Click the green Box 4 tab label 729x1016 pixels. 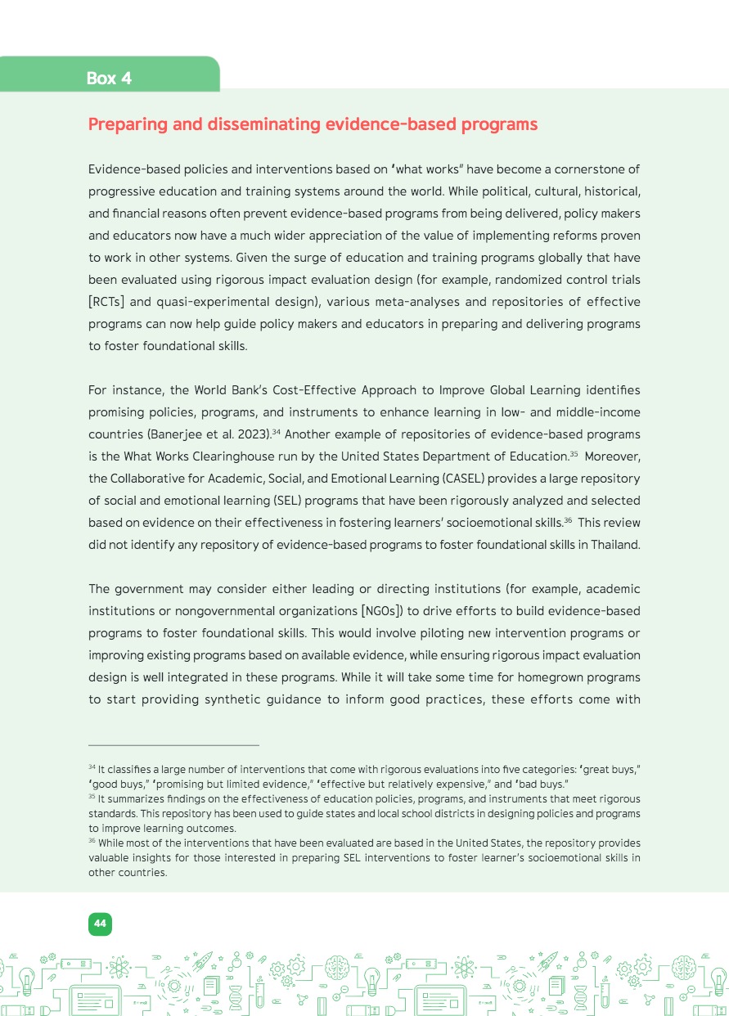[109, 79]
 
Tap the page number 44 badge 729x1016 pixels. [100, 924]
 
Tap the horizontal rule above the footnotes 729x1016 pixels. [173, 745]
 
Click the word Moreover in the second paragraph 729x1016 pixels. [608, 456]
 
